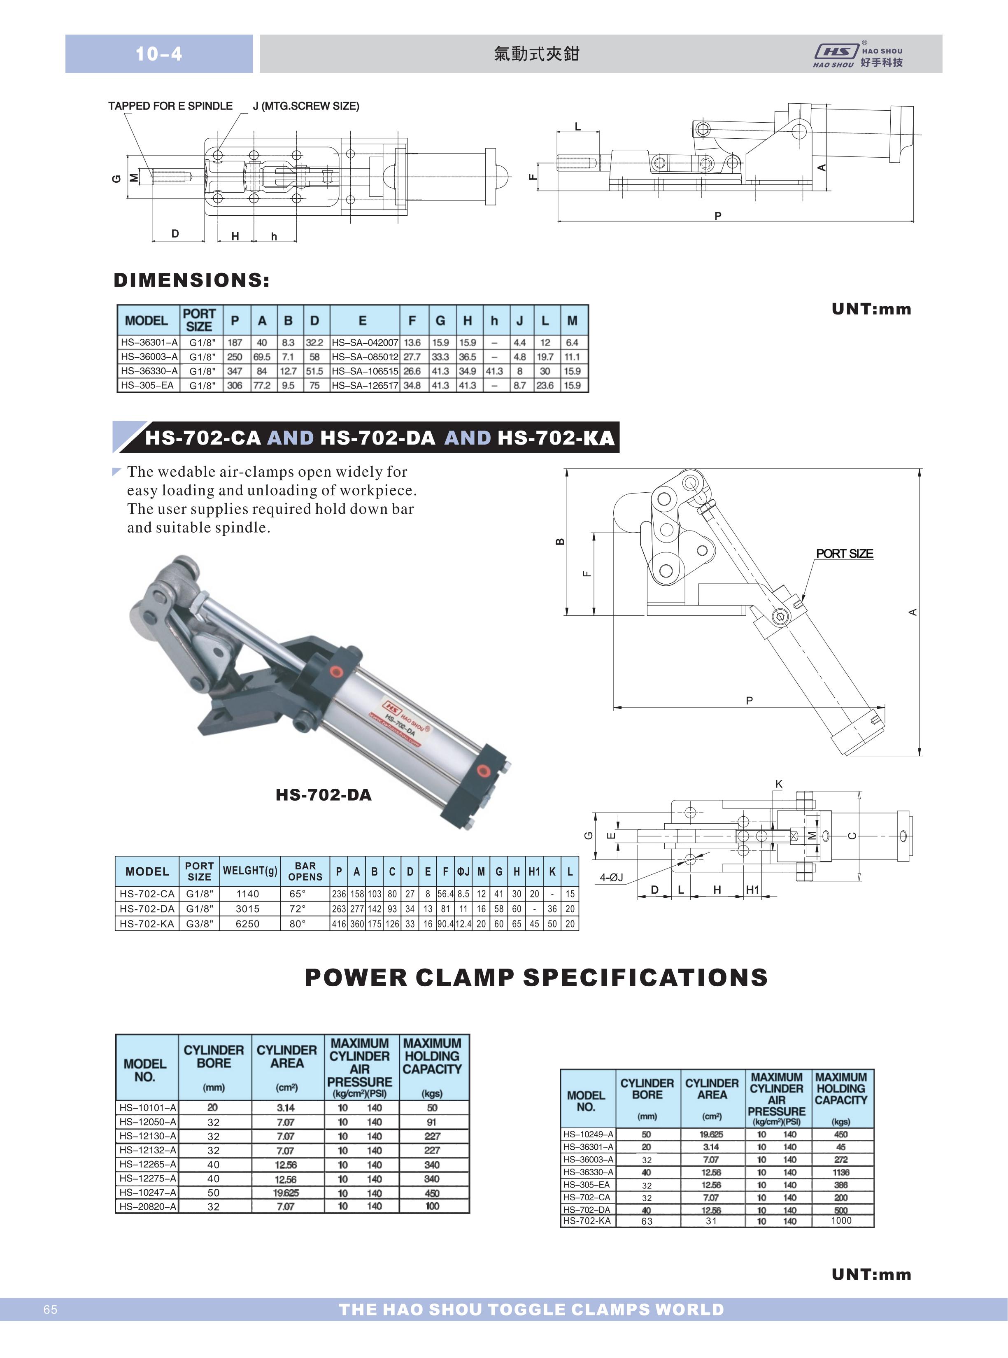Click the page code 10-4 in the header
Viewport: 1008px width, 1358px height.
(158, 54)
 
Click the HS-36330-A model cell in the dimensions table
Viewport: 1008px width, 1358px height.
(149, 371)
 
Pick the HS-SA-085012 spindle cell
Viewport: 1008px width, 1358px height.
(365, 357)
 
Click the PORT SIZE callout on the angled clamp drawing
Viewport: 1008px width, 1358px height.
(845, 553)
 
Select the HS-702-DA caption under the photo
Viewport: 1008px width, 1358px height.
(324, 794)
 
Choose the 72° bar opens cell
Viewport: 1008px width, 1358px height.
(297, 908)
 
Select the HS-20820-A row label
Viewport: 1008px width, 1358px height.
(148, 1206)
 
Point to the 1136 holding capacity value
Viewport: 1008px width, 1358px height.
(841, 1172)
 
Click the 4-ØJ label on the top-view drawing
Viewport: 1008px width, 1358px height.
(611, 877)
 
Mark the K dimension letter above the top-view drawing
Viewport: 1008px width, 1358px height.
(779, 784)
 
